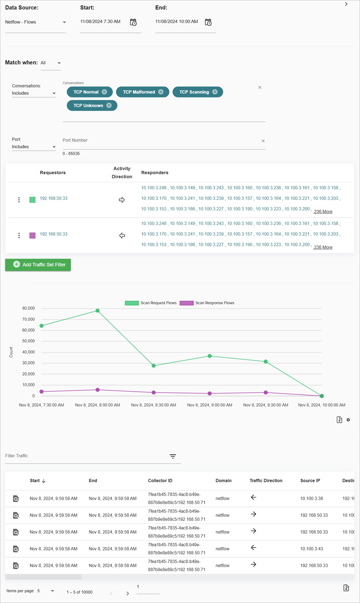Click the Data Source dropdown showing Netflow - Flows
35,22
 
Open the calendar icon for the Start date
133,22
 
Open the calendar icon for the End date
208,22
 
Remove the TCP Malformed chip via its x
161,92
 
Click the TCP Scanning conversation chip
194,92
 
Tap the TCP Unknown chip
88,106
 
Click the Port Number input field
161,141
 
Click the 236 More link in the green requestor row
323,212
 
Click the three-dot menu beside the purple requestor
19,236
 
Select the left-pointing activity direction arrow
122,236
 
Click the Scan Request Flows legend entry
151,303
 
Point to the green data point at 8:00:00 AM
98,311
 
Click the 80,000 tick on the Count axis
28,308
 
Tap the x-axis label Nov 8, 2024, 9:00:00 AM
210,405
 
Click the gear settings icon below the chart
348,420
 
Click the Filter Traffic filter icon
173,456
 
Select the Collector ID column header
160,481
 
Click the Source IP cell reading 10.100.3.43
311,549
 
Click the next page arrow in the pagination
128,594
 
